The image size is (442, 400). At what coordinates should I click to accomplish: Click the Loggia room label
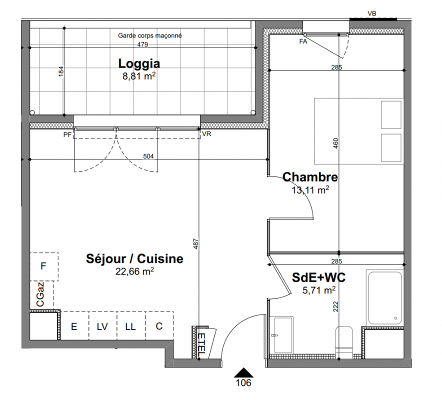[x=139, y=63]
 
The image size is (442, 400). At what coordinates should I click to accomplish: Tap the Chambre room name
[x=310, y=177]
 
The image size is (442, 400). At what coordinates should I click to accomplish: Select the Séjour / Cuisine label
[x=134, y=259]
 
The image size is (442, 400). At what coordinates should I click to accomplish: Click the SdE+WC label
[x=318, y=277]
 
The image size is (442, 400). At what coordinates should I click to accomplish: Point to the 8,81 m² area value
[x=139, y=76]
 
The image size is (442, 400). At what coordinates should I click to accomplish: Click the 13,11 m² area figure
[x=310, y=190]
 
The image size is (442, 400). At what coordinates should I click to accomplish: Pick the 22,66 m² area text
[x=134, y=271]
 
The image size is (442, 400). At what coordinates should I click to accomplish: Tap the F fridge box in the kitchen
[x=44, y=266]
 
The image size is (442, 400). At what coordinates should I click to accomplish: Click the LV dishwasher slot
[x=102, y=326]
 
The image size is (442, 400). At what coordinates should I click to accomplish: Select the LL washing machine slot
[x=131, y=326]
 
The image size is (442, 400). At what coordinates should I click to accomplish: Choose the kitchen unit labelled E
[x=74, y=326]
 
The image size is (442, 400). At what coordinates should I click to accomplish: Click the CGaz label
[x=40, y=294]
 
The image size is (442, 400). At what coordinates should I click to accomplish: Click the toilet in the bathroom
[x=344, y=342]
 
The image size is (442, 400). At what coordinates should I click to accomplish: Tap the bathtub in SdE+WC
[x=385, y=297]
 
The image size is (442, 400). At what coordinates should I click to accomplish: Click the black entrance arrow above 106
[x=243, y=372]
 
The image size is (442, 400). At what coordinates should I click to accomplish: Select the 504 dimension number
[x=148, y=156]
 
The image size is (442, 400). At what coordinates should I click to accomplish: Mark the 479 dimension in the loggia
[x=142, y=44]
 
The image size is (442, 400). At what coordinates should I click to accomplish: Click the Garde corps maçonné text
[x=149, y=35]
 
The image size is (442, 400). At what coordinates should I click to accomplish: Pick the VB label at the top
[x=372, y=13]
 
